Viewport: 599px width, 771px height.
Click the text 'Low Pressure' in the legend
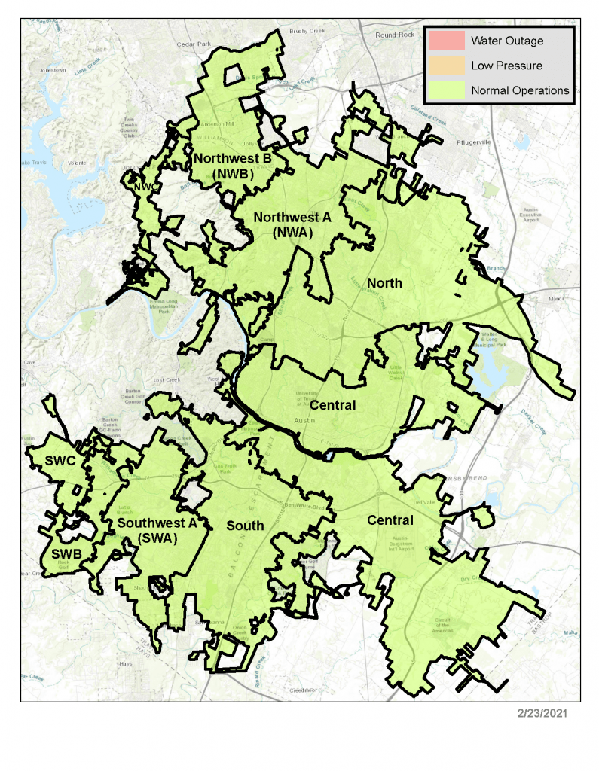click(x=506, y=66)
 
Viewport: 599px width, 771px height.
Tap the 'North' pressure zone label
click(x=384, y=283)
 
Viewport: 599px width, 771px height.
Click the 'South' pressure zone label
click(x=246, y=526)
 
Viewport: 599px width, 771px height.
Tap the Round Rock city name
click(x=395, y=35)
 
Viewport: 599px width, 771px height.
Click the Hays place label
click(x=126, y=664)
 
